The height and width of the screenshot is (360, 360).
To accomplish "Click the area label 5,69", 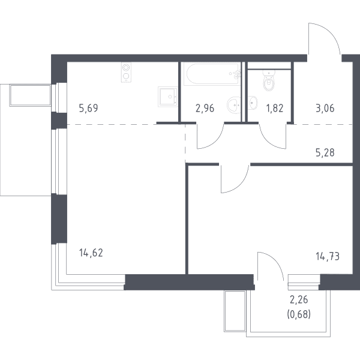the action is click(x=88, y=108).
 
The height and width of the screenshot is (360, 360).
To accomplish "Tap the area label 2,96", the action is click(x=205, y=108).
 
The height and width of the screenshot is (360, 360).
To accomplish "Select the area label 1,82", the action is click(x=275, y=108).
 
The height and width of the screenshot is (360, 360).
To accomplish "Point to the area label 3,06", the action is click(x=325, y=108).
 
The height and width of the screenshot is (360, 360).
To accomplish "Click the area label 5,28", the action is click(x=325, y=152).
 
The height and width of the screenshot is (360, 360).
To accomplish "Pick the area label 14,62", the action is click(x=91, y=253).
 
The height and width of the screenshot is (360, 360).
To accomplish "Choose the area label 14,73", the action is click(x=328, y=256).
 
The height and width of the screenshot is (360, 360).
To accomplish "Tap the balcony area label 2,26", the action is click(x=299, y=299).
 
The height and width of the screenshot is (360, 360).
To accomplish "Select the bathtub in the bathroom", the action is click(x=212, y=74).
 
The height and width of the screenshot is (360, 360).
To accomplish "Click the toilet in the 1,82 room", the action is click(x=269, y=80).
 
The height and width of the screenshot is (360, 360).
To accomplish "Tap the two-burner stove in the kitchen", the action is click(x=126, y=73).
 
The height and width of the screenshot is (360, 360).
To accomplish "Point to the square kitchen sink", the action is click(x=167, y=97).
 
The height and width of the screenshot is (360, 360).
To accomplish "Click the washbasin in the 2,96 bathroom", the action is click(x=234, y=105).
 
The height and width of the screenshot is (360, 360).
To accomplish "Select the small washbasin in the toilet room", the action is click(x=253, y=103).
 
